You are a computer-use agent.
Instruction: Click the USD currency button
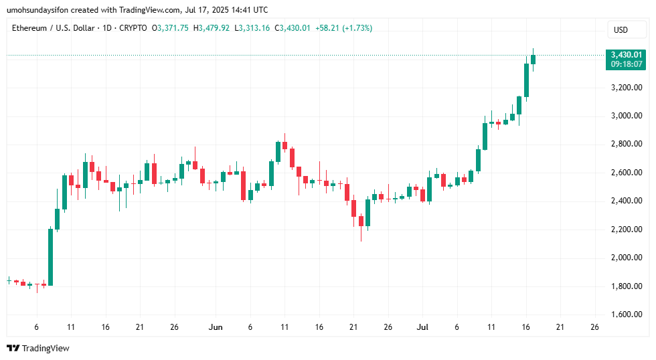click(621, 29)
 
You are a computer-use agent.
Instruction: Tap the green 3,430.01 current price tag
click(626, 55)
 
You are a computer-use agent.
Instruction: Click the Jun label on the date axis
click(216, 327)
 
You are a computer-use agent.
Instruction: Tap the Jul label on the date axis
click(422, 327)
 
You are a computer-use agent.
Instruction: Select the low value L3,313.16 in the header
click(256, 28)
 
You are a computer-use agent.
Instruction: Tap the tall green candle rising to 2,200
click(50, 257)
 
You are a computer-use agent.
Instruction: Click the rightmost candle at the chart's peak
click(534, 60)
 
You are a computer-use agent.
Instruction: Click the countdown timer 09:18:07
click(626, 64)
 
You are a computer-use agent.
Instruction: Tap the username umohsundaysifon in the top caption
click(40, 9)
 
